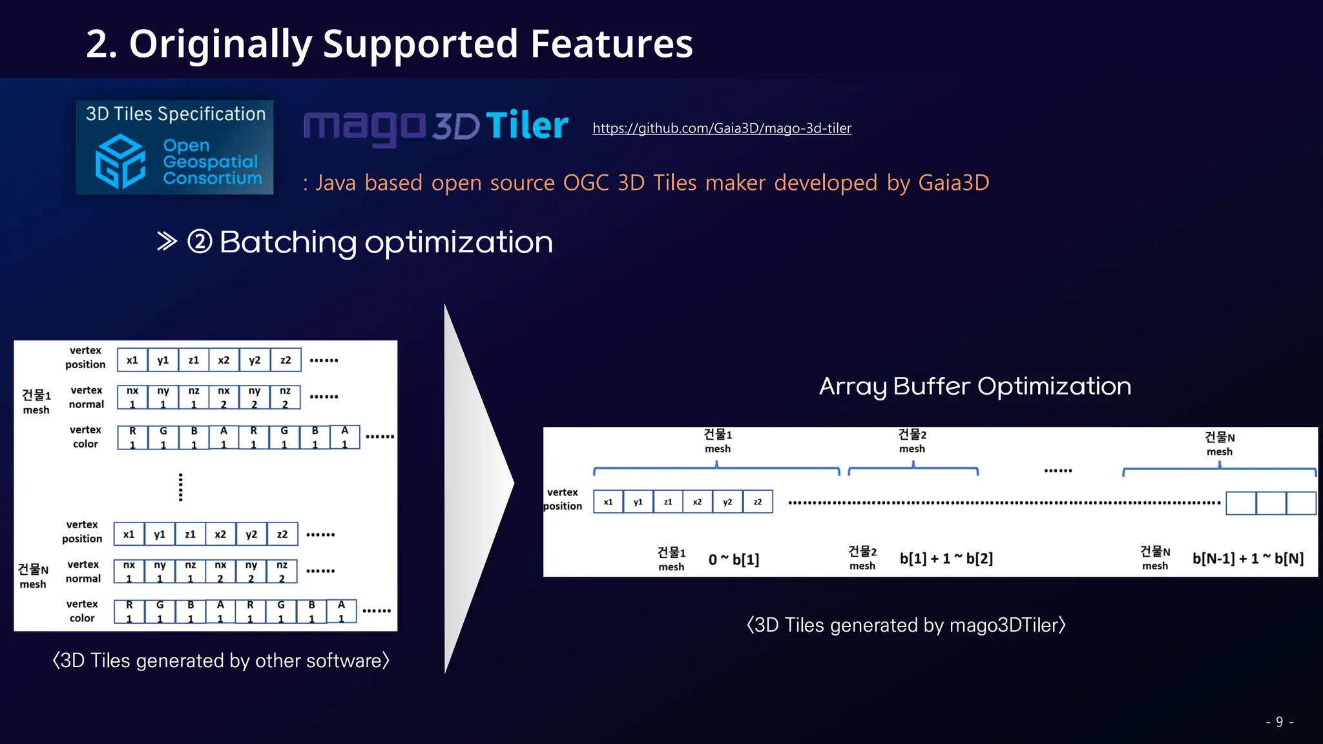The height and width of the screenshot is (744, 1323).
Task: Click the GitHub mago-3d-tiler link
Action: coord(722,128)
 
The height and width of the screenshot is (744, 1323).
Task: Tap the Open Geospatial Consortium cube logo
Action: coord(120,161)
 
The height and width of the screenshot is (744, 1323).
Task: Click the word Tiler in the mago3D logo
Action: coord(526,125)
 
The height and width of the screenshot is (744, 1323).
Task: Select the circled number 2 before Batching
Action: coord(200,242)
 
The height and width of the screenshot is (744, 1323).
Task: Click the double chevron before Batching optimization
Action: coord(167,242)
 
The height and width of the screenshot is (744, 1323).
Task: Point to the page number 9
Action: coord(1279,722)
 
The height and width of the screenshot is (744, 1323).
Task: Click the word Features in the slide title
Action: coord(611,44)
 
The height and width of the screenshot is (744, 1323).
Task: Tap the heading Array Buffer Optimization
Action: coord(975,386)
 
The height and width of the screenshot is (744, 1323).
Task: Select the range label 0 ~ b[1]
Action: coord(733,559)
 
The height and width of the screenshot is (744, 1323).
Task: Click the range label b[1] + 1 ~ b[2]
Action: coord(946,559)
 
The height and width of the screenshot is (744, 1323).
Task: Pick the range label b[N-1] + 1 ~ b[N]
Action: coord(1247,559)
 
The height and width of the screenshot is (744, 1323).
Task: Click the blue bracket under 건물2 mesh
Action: coord(913,470)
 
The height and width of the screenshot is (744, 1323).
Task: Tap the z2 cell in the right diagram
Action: coord(758,502)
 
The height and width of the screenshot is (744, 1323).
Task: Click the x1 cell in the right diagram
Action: coord(608,502)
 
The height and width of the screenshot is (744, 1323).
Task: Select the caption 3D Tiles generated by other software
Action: coord(221,661)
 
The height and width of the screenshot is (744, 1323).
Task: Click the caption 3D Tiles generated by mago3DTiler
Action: coord(906,625)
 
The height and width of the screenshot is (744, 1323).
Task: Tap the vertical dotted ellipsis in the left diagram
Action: coord(181,487)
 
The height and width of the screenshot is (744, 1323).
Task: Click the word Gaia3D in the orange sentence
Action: coord(953,183)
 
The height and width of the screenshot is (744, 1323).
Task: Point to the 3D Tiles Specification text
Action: coord(176,114)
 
